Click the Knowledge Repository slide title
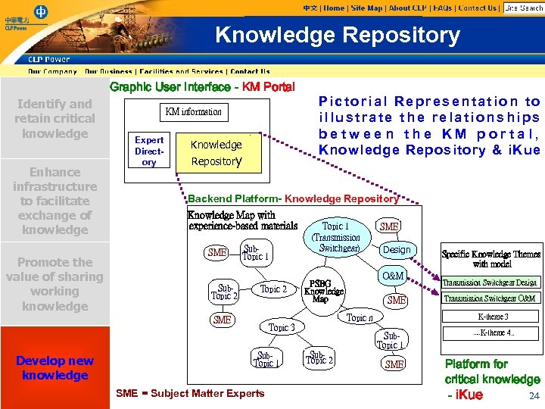pyautogui.click(x=338, y=35)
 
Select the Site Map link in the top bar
pyautogui.click(x=366, y=8)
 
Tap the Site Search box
pyautogui.click(x=523, y=8)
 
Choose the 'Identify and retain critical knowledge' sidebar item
pyautogui.click(x=54, y=119)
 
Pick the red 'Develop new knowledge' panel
pyautogui.click(x=54, y=367)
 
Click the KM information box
pyautogui.click(x=194, y=111)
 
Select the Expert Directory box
pyautogui.click(x=149, y=151)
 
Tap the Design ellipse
pyautogui.click(x=397, y=250)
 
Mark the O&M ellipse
pyautogui.click(x=393, y=276)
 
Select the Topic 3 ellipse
pyautogui.click(x=282, y=327)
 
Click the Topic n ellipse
pyautogui.click(x=358, y=318)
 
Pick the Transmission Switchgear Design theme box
pyautogui.click(x=490, y=283)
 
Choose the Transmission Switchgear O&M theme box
pyautogui.click(x=490, y=298)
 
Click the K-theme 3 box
pyautogui.click(x=493, y=317)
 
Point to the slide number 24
pyautogui.click(x=534, y=395)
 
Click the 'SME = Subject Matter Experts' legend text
pyautogui.click(x=190, y=393)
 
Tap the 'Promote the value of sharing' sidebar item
pyautogui.click(x=54, y=284)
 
